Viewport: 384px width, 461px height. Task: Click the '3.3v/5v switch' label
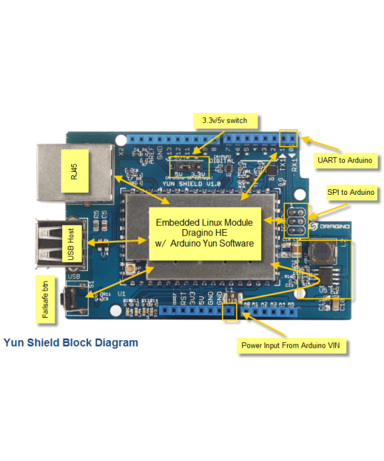(224, 120)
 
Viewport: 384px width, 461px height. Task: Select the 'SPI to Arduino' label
(351, 191)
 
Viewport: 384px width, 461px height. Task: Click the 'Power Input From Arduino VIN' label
(292, 345)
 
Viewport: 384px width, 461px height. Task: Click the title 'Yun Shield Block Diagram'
(71, 343)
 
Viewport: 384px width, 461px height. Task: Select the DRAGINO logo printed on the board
(337, 226)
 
